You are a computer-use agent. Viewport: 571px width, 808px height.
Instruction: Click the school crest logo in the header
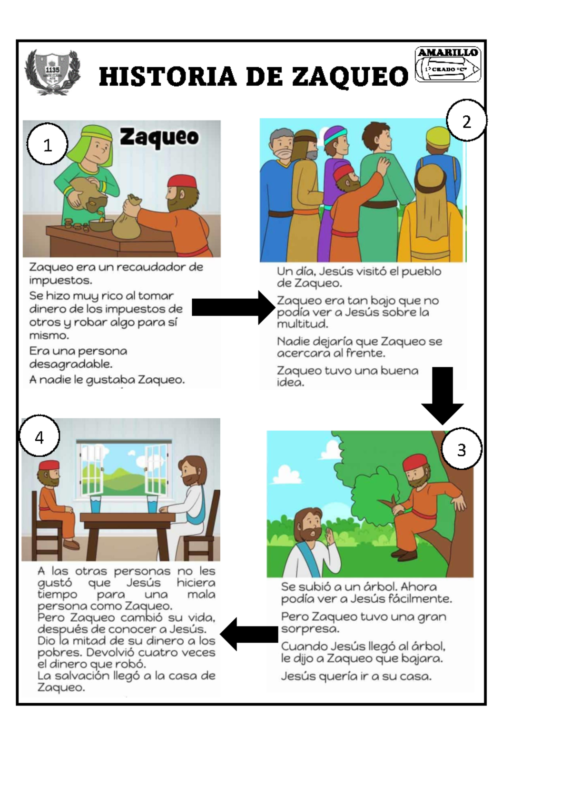(52, 72)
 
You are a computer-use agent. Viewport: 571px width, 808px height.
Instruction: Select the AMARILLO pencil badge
(448, 64)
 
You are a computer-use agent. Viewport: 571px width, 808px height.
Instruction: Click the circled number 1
(47, 145)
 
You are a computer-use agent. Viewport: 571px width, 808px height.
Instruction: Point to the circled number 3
(461, 449)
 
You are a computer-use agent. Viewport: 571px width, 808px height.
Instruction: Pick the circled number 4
(39, 437)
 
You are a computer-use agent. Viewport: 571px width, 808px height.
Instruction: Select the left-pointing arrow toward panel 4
(250, 634)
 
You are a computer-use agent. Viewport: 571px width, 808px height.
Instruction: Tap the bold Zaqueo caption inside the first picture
(159, 137)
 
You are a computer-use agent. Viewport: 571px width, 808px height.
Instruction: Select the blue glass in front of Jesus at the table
(152, 504)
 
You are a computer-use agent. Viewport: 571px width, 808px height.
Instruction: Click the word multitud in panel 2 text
(302, 324)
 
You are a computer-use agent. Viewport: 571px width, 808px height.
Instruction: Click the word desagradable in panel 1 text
(70, 364)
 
